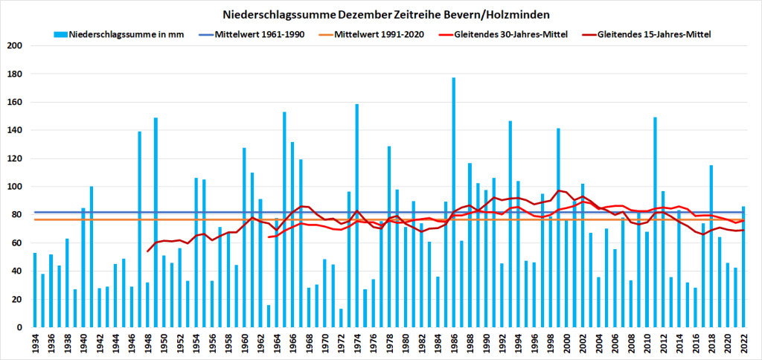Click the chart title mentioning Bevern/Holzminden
[x=380, y=14]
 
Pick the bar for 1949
[x=156, y=222]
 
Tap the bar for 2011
[x=655, y=222]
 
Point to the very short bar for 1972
[x=341, y=318]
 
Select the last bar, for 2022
[x=743, y=267]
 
